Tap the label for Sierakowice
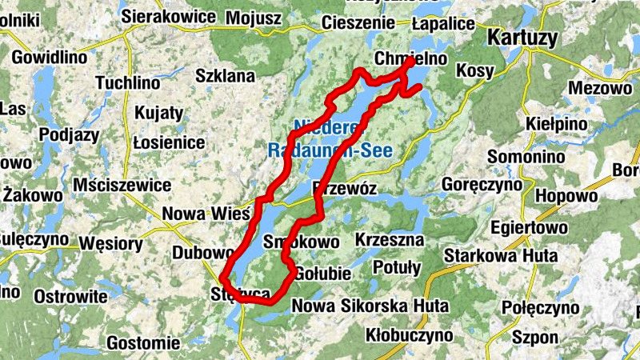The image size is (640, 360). pos(169,16)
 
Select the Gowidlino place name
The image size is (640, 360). pos(49,58)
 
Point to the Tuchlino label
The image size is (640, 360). pos(127,82)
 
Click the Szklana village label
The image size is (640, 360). pos(226,77)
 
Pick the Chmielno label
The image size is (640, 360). pos(405,59)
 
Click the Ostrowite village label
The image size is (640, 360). pos(70,296)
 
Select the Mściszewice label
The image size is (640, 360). pos(121,186)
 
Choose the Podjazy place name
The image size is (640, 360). pos(69,134)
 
